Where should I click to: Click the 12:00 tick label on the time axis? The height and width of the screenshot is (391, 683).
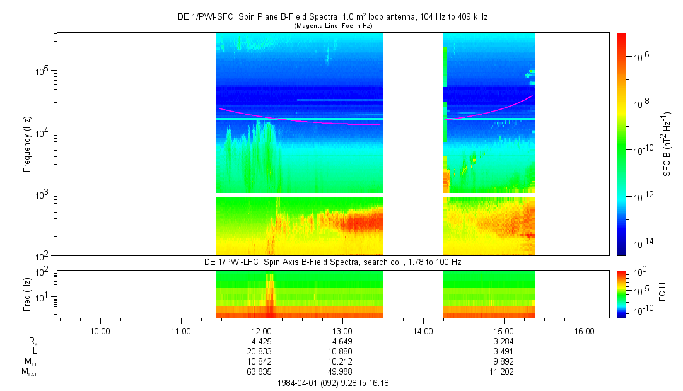click(261, 330)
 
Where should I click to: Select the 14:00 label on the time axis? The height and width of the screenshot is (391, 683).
click(423, 330)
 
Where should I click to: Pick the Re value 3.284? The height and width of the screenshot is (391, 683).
click(503, 341)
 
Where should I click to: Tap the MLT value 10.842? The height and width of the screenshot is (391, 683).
click(261, 361)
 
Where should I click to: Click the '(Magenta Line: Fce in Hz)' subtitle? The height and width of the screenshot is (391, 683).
click(332, 25)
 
